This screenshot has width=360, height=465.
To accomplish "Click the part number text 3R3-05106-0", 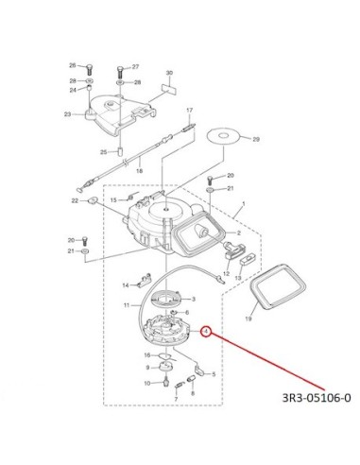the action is [x=316, y=398].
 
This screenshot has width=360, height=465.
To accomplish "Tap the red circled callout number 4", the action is [x=206, y=331].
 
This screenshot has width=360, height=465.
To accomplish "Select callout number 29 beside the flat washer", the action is [x=256, y=139].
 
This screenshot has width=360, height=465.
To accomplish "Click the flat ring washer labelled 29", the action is [x=224, y=136].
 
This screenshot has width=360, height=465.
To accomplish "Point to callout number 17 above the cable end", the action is [x=189, y=111].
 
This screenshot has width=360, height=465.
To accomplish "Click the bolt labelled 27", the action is [x=120, y=73].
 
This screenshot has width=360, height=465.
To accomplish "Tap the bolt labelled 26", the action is [x=89, y=69].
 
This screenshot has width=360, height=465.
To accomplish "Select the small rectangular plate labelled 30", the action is [x=168, y=88].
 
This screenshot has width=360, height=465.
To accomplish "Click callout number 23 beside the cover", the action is [x=67, y=114].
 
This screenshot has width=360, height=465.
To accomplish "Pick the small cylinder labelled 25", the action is [x=120, y=150].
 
